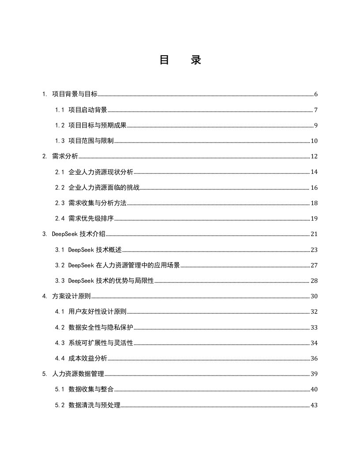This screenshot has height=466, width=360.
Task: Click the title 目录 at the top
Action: pyautogui.click(x=180, y=60)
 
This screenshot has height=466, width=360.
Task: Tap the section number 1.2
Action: pyautogui.click(x=60, y=125)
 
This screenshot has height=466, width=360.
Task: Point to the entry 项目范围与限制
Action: pyautogui.click(x=91, y=141)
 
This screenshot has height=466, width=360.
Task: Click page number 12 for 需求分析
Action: pyautogui.click(x=314, y=157)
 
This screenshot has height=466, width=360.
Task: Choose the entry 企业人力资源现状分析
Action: pyautogui.click(x=101, y=172)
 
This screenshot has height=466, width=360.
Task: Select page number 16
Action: pyautogui.click(x=314, y=188)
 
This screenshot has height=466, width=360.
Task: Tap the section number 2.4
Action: pyautogui.click(x=60, y=218)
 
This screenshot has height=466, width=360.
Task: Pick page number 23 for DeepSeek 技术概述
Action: pyautogui.click(x=314, y=250)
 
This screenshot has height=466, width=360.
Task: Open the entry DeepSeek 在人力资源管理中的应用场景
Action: pyautogui.click(x=124, y=265)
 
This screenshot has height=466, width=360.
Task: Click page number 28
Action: pyautogui.click(x=314, y=281)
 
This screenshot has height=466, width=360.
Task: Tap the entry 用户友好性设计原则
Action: pyautogui.click(x=97, y=312)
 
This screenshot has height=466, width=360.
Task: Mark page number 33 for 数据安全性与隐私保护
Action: pyautogui.click(x=314, y=327)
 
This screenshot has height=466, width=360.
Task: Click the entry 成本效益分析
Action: pyautogui.click(x=88, y=358)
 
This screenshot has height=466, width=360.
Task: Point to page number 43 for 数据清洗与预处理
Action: pyautogui.click(x=314, y=405)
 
